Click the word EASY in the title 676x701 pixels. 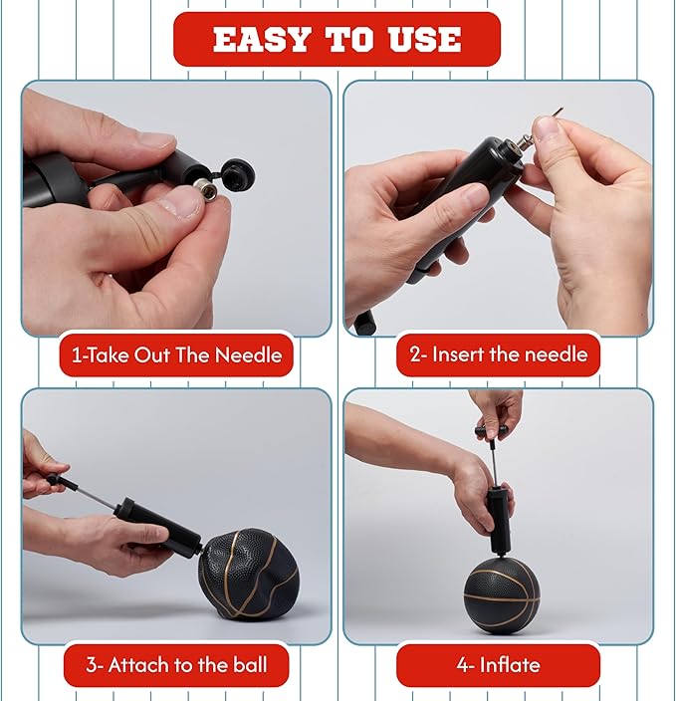pos(262,40)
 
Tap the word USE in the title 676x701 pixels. pos(425,40)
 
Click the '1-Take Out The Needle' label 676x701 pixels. pos(176,354)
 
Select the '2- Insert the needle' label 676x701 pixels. pos(499,354)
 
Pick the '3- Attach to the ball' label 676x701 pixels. pos(176,665)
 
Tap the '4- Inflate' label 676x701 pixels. pos(499,665)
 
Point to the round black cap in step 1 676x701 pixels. pos(237,173)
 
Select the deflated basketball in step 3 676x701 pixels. pos(249,574)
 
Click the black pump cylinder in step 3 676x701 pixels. pos(158,526)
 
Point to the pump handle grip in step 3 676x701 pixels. pos(62,482)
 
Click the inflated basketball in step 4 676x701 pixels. pos(502,594)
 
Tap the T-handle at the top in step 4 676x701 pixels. pos(492,431)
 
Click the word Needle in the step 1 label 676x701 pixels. pos(249,354)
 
